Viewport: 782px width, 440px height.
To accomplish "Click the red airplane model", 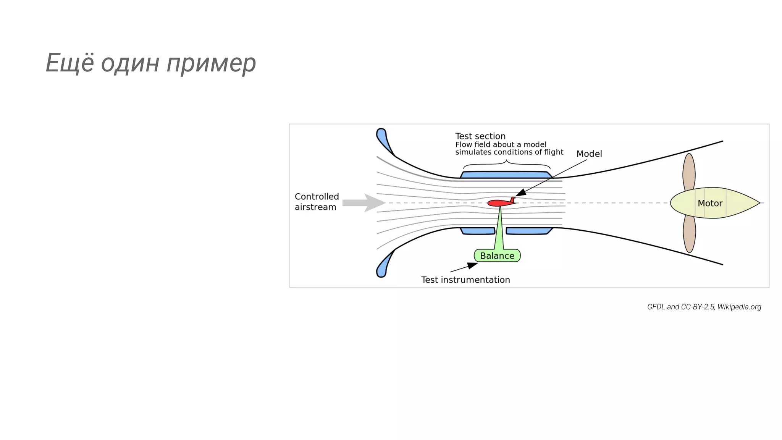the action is tap(499, 203).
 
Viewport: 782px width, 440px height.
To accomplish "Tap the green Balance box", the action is tap(497, 256).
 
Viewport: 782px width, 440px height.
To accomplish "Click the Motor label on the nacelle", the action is tap(710, 203).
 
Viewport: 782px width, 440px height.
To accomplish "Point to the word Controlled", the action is tap(317, 196).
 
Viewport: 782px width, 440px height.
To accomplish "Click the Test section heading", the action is tap(480, 136).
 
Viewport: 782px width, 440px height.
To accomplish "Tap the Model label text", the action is tap(589, 154).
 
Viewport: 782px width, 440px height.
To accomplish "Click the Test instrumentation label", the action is tap(465, 280).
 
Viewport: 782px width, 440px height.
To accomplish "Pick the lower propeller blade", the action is tap(689, 234).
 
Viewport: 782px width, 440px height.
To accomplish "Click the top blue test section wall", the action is tap(506, 175).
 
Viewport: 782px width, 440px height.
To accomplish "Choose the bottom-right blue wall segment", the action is tap(529, 231).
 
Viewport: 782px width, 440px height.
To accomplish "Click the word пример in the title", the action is tap(211, 63).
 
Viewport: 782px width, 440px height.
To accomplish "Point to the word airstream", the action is tap(315, 207).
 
